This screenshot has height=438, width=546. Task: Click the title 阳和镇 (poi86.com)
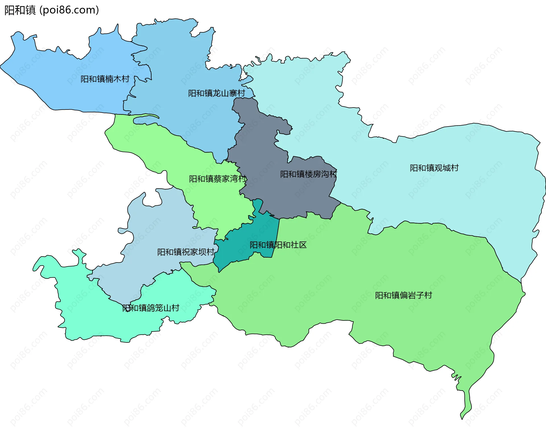pos(51,10)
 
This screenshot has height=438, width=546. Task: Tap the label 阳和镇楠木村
pos(105,79)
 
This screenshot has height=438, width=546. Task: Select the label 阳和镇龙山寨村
pos(216,93)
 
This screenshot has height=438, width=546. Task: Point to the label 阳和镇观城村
pos(434,168)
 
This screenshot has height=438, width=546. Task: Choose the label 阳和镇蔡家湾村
pos(218,179)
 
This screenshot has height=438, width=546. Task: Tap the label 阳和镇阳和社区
pos(278,245)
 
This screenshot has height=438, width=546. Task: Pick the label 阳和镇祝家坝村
pos(186,252)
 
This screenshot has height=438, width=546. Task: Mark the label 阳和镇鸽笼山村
pos(151,308)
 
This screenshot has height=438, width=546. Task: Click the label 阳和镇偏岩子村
pos(403,295)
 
